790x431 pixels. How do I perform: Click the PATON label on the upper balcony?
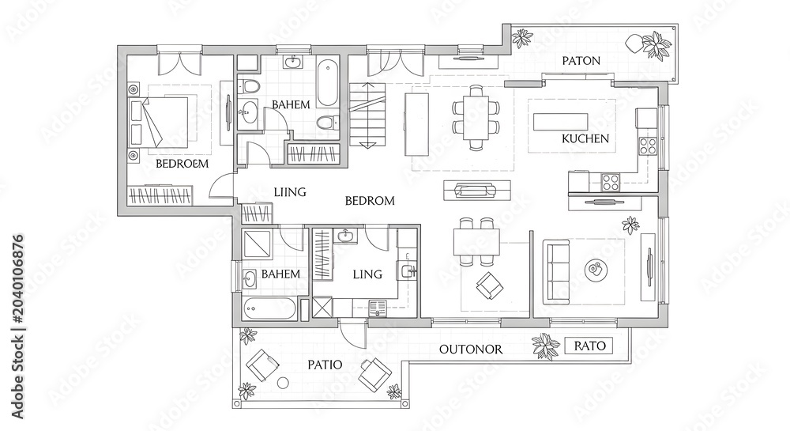coord(581,61)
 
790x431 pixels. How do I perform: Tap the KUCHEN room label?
coord(585,138)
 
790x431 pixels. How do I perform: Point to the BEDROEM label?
coord(182,164)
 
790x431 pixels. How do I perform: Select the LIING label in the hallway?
coord(290,192)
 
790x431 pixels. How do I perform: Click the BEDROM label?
coord(370,201)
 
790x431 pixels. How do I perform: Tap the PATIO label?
coord(325,365)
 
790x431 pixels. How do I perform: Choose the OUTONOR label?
coord(471,350)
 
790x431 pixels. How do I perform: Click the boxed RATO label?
coord(590,346)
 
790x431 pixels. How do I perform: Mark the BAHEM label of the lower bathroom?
coord(280,274)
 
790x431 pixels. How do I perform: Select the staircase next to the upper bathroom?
coord(368,115)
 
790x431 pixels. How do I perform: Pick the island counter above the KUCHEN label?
coord(561,122)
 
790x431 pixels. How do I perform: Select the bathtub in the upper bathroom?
coord(328,83)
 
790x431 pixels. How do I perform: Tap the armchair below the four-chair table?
coord(489,285)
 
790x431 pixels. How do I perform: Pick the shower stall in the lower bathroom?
coord(258,245)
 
